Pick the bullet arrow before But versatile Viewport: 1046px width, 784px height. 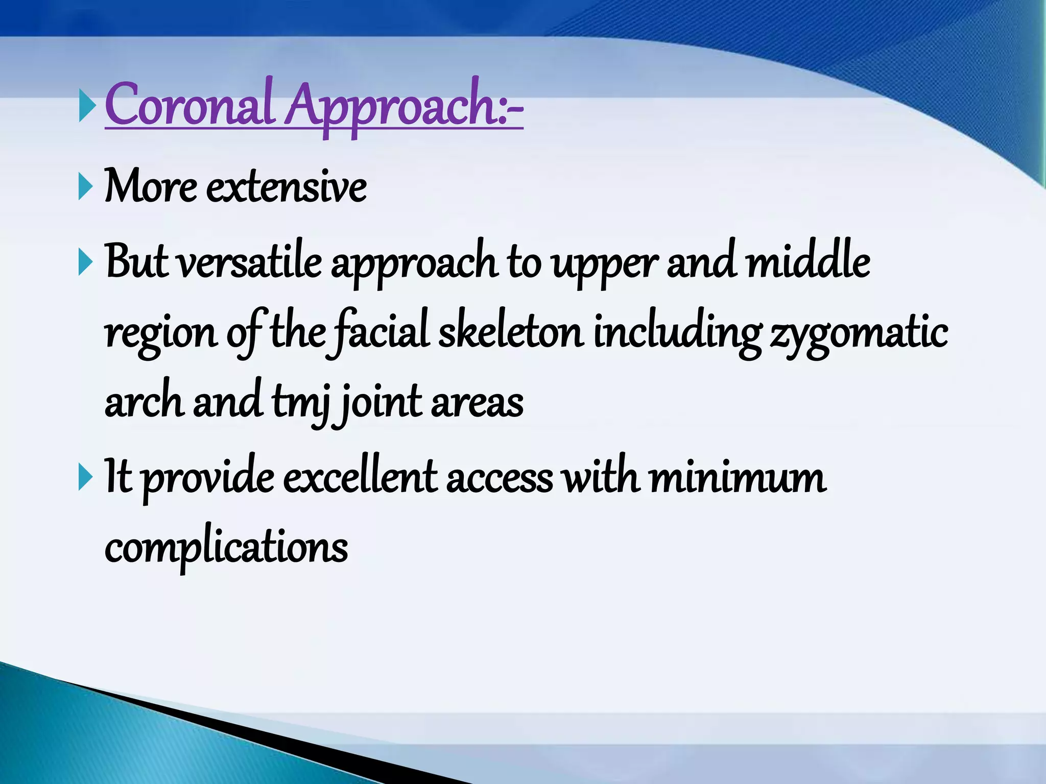(86, 263)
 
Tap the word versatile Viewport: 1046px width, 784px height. (250, 263)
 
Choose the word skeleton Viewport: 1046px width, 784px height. (511, 333)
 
